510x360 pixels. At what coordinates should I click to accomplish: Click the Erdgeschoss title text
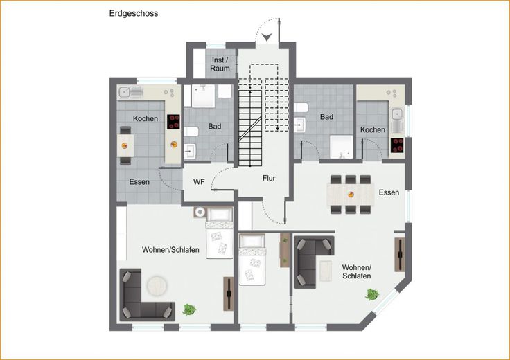134,14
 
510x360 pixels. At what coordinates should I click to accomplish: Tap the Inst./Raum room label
220,64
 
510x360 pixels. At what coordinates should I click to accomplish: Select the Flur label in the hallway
269,178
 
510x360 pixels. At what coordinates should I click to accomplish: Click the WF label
199,182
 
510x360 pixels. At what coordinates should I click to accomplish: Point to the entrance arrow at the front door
267,37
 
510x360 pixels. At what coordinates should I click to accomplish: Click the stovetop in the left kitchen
174,122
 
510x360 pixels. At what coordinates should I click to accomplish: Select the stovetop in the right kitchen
397,145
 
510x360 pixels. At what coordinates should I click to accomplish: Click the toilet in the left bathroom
191,132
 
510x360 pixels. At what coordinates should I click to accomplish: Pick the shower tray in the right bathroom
341,147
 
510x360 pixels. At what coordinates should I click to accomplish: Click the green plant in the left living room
189,309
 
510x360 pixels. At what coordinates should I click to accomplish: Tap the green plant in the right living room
372,295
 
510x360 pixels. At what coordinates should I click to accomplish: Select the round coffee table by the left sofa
157,286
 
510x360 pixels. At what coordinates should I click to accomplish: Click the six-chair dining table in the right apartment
351,195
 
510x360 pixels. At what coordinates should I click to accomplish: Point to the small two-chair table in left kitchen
125,146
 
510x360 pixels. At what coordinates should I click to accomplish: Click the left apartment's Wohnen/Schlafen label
170,250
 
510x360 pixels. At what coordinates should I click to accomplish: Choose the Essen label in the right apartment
389,192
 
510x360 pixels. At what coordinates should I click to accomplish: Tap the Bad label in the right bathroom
326,116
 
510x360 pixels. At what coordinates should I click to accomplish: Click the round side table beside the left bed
200,212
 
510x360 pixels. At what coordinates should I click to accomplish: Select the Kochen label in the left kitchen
146,118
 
